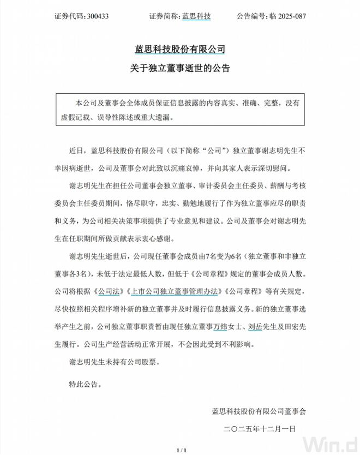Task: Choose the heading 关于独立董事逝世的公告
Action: [180, 69]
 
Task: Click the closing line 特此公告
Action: [85, 384]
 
